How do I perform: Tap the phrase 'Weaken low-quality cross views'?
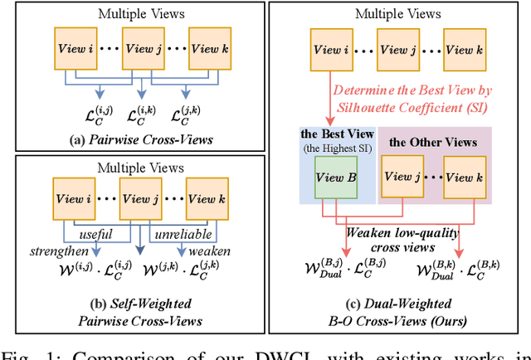click(387, 241)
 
